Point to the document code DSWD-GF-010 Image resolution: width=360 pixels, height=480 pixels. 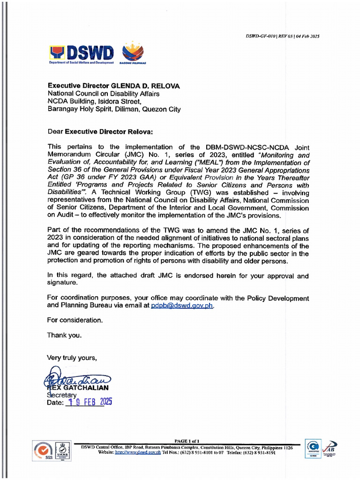tap(261, 36)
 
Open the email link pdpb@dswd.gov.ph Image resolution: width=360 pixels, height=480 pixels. tap(182, 305)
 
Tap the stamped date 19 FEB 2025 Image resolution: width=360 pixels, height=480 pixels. tap(89, 402)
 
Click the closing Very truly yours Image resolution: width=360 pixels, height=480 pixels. tap(72, 358)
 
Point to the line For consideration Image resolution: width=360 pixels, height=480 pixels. tap(75, 320)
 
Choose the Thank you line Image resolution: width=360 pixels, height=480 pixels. tap(64, 335)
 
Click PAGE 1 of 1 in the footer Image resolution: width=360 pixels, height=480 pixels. tap(187, 441)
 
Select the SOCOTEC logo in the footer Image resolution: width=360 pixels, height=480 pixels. tap(313, 449)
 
